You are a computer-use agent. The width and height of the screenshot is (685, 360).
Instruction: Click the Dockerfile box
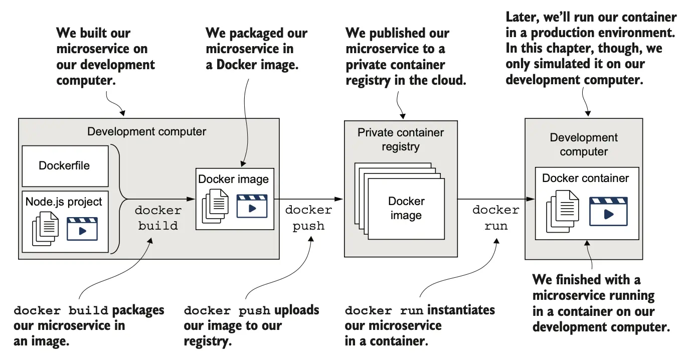point(65,166)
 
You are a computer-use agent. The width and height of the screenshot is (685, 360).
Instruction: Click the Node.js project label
point(64,202)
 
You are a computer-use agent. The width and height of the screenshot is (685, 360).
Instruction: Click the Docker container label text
point(585,178)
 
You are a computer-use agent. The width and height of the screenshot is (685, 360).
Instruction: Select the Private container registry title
point(400,140)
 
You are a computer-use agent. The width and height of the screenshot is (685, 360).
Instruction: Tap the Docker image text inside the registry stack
point(406,208)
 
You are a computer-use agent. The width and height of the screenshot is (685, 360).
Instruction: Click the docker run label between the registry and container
point(495,218)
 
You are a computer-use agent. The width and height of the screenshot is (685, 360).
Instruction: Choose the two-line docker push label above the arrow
point(308,218)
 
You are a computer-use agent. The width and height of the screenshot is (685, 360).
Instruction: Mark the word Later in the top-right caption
point(522,17)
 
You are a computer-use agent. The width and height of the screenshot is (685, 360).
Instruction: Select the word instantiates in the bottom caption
point(461,310)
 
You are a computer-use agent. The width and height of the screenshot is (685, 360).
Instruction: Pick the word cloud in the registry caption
point(449,80)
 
